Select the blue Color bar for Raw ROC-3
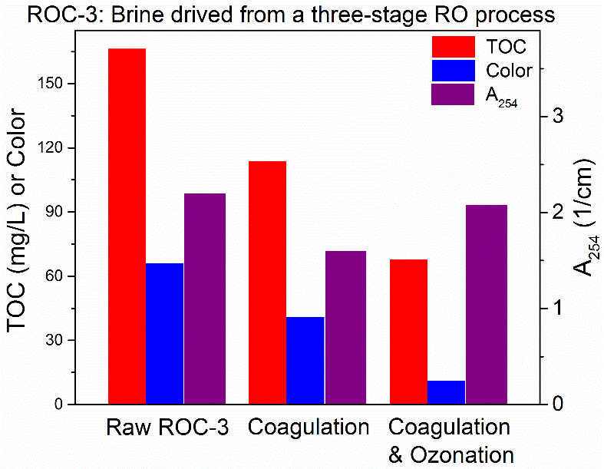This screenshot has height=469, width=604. coord(165,334)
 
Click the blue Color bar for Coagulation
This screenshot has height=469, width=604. coord(305,361)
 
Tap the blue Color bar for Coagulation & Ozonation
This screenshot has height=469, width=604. coord(446,392)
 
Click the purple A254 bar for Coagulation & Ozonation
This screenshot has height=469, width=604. coord(487,305)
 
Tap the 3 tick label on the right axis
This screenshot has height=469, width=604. coord(558,117)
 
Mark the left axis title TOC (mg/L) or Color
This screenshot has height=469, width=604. coord(20,221)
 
